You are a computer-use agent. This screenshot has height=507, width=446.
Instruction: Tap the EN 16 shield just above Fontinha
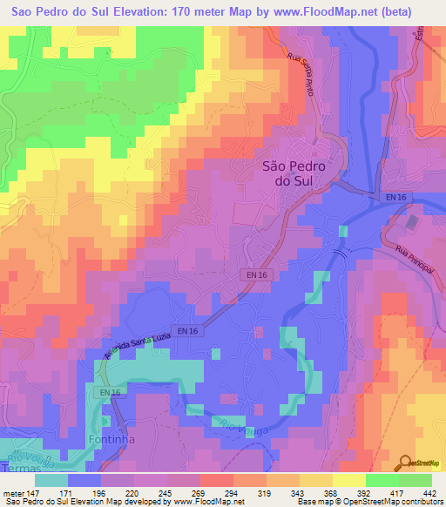[110, 394]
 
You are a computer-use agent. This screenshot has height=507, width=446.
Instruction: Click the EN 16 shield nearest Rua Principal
[395, 199]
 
